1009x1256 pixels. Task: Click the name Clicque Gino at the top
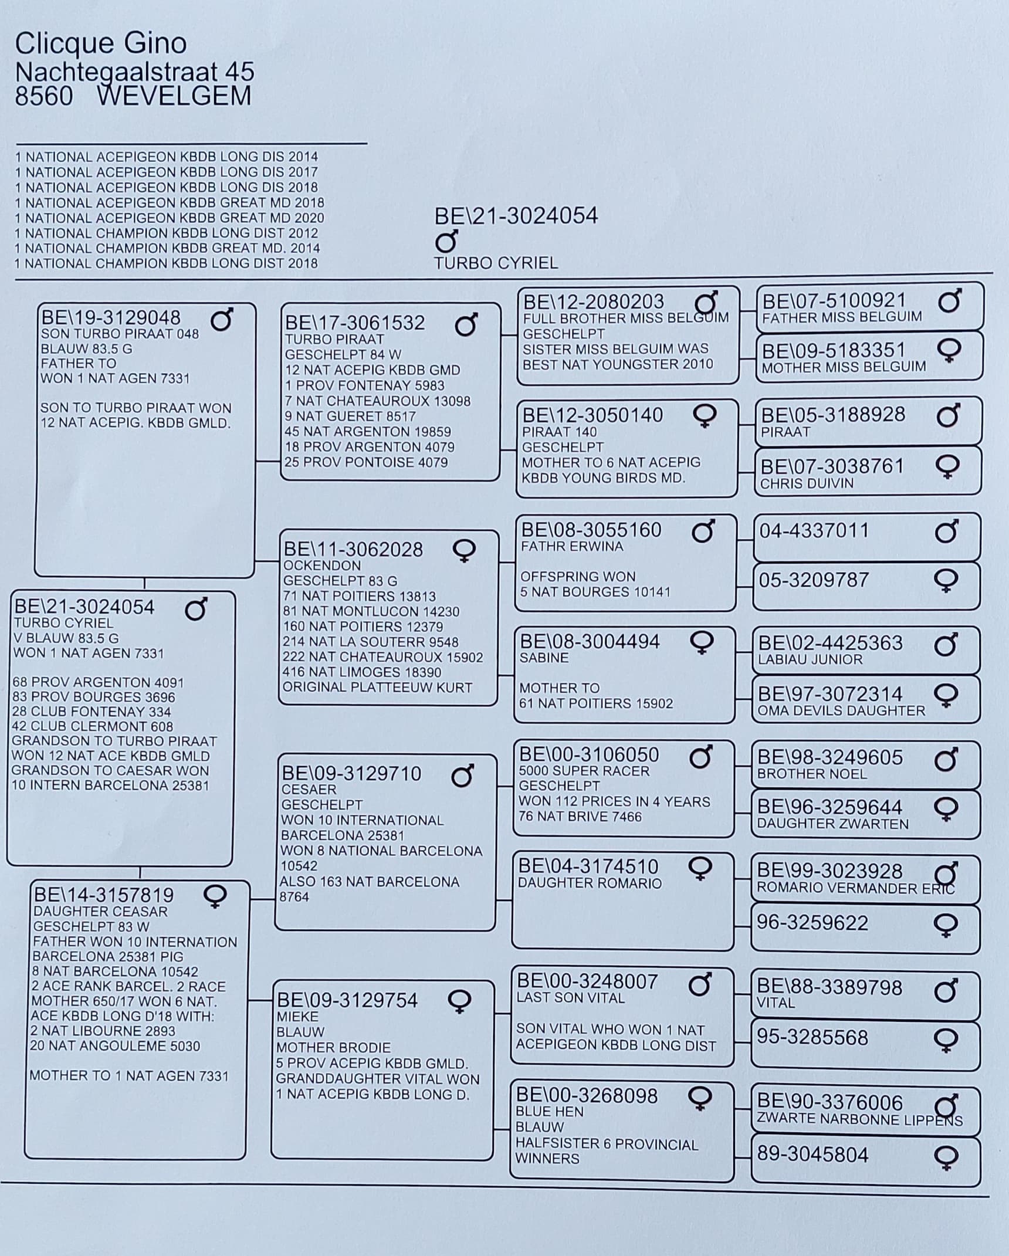point(100,43)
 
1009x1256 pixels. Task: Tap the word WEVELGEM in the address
point(174,96)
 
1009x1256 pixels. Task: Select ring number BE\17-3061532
point(354,323)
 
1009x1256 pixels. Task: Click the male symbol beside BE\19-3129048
point(222,320)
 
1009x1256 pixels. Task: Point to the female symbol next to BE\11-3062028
point(464,550)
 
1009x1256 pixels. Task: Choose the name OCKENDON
point(322,566)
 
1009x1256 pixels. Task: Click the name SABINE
point(544,658)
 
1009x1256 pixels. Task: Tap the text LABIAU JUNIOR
point(810,659)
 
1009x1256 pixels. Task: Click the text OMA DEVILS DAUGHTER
point(841,710)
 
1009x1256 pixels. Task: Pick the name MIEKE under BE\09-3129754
point(297,1017)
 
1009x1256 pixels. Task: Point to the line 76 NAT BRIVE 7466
point(580,817)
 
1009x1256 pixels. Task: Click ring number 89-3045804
point(812,1155)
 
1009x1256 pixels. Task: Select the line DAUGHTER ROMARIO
point(590,883)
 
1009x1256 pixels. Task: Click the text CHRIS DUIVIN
point(807,483)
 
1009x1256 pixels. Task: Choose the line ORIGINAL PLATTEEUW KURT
point(377,688)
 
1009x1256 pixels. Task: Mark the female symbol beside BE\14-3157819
point(215,896)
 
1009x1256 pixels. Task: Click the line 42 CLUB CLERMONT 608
point(92,726)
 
